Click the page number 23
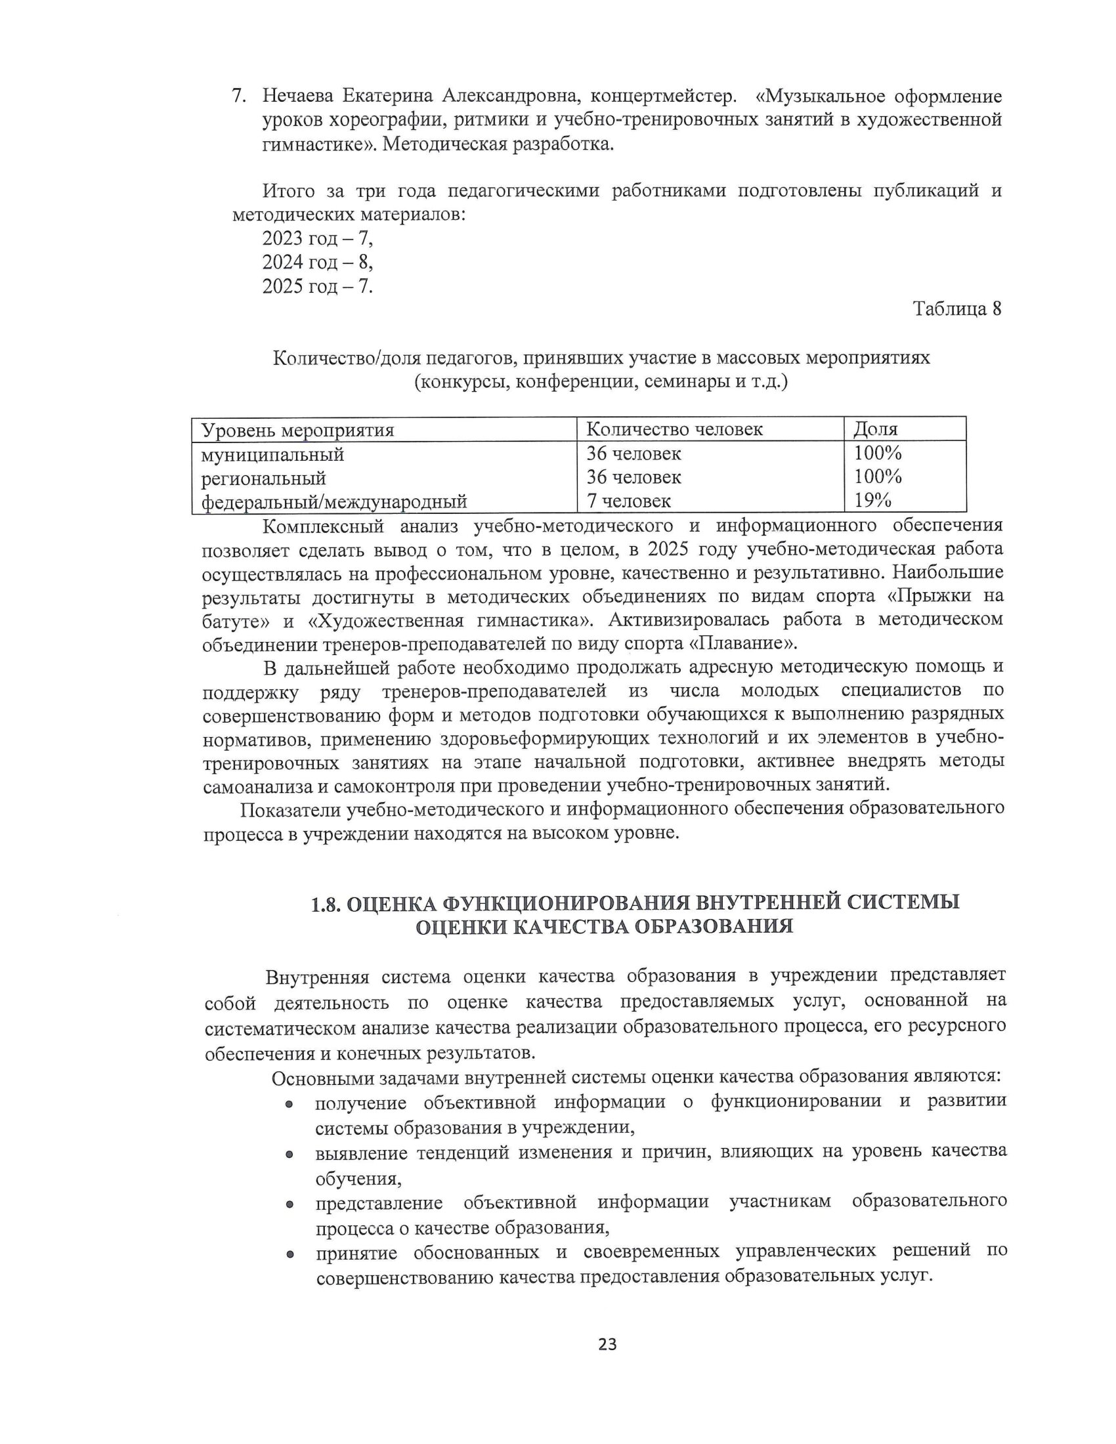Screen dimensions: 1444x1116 point(607,1344)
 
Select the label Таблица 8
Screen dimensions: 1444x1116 point(956,308)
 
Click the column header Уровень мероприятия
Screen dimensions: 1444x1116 point(297,431)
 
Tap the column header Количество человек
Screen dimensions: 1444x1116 point(674,430)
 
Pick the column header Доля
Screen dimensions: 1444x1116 point(875,430)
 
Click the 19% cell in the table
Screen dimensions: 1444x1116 point(872,501)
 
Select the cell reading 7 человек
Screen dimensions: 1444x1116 point(629,501)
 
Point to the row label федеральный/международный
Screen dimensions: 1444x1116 point(334,502)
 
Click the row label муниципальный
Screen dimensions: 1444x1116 point(272,455)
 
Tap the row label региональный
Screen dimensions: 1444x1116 point(263,478)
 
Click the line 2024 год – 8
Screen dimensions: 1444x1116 point(317,263)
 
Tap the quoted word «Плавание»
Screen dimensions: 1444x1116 point(744,643)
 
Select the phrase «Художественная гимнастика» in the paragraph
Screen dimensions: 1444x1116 point(450,620)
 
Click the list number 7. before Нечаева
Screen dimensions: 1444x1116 point(239,96)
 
